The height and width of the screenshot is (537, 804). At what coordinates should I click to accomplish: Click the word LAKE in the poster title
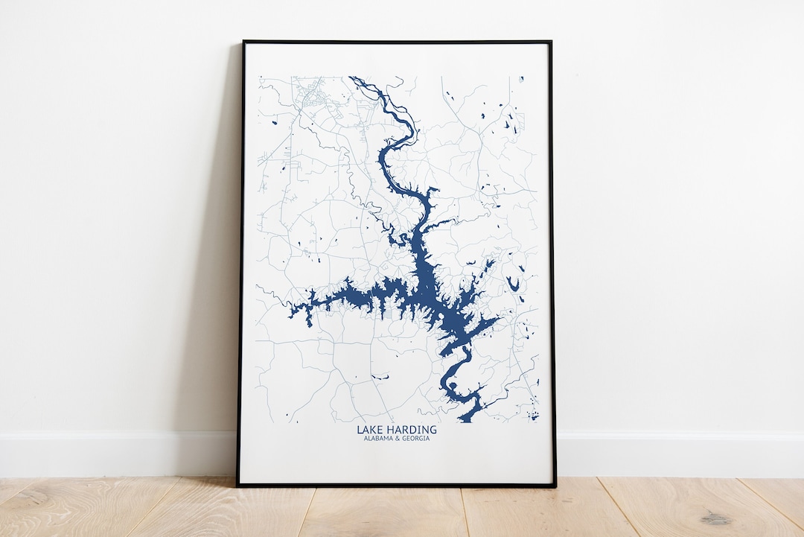[x=370, y=430]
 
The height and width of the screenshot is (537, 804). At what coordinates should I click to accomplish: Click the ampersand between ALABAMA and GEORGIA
[x=397, y=438]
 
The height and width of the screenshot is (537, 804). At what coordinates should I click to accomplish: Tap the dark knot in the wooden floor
[x=717, y=518]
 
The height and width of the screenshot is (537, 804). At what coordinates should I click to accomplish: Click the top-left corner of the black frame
[x=243, y=42]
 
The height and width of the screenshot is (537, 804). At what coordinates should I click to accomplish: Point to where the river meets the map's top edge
[x=352, y=77]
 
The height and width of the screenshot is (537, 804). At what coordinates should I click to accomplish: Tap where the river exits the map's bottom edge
[x=465, y=420]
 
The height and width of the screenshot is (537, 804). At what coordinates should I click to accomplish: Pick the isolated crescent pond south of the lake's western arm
[x=380, y=378]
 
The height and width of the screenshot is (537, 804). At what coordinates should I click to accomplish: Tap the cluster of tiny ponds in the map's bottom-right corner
[x=532, y=414]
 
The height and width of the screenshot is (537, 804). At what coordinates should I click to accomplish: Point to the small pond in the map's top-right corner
[x=521, y=79]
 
